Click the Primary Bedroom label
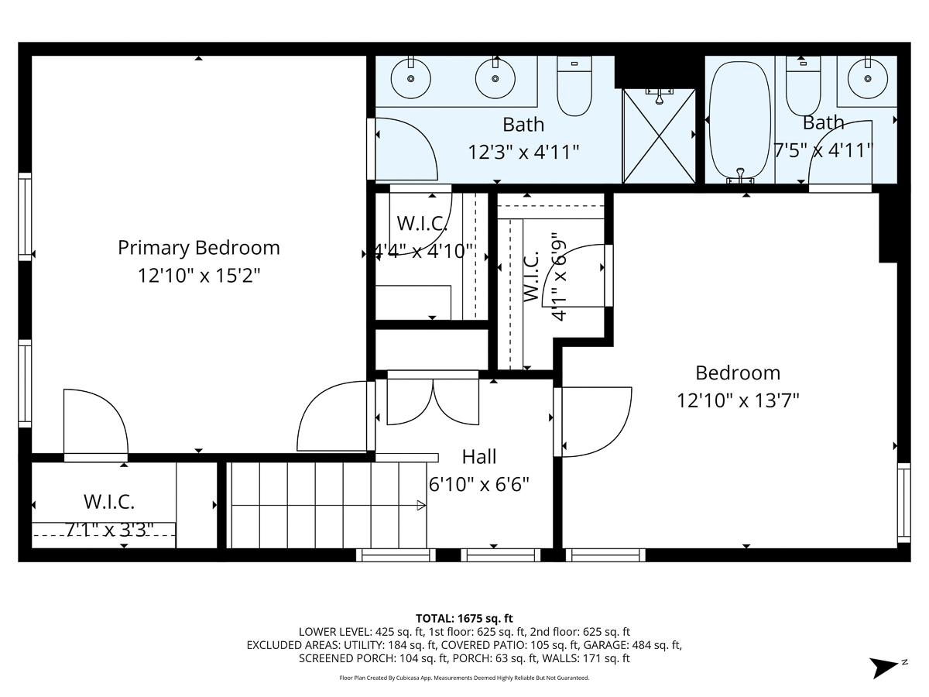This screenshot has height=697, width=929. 198,248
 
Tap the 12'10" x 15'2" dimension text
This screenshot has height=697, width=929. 198,276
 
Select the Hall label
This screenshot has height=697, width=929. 479,456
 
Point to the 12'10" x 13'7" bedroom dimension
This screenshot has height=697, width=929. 738,400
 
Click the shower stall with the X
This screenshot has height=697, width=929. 659,136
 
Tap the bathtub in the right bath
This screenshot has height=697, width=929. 741,120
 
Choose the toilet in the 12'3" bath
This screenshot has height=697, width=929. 574,87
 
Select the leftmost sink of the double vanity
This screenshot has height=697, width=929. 410,78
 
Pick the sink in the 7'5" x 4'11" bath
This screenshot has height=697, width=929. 866,78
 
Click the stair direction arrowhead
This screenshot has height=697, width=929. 421,506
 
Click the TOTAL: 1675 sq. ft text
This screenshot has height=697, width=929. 464,618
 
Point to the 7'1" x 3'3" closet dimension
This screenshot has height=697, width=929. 108,530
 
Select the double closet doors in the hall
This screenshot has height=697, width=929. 434,400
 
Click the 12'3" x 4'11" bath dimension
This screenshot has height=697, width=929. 523,152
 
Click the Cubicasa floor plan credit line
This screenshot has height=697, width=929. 464,678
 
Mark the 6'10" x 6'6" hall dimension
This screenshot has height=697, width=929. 479,484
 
